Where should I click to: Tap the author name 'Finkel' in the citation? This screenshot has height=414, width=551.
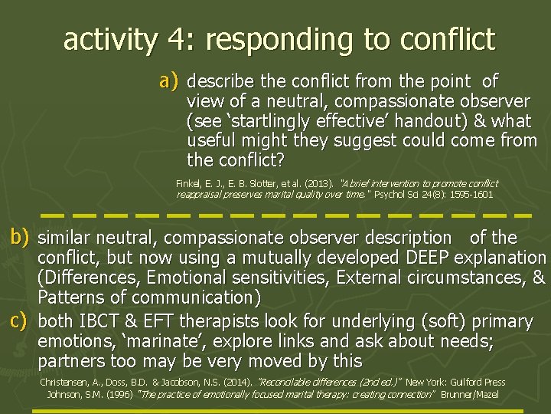(x=188, y=184)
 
